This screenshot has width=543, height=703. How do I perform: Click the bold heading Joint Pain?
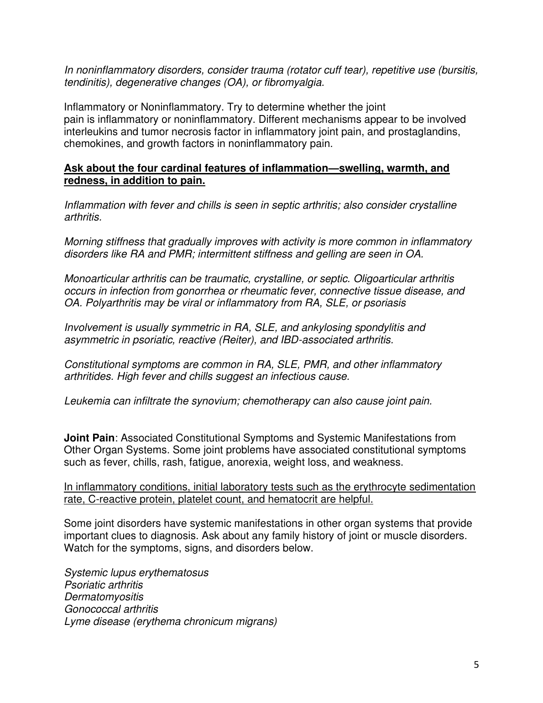pos(89,438)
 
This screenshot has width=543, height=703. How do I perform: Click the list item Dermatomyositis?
pos(104,597)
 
